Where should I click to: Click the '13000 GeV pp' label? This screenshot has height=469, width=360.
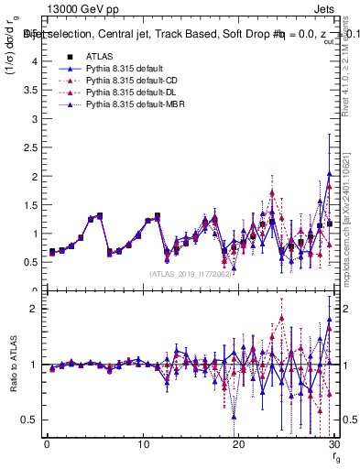pyautogui.click(x=77, y=8)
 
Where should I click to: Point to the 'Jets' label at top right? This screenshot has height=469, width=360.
pyautogui.click(x=324, y=8)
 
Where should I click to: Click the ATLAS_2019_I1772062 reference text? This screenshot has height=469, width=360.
pyautogui.click(x=191, y=273)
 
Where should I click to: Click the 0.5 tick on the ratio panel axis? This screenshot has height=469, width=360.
pyautogui.click(x=30, y=420)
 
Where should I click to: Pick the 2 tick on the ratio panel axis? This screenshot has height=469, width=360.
pyautogui.click(x=34, y=309)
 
